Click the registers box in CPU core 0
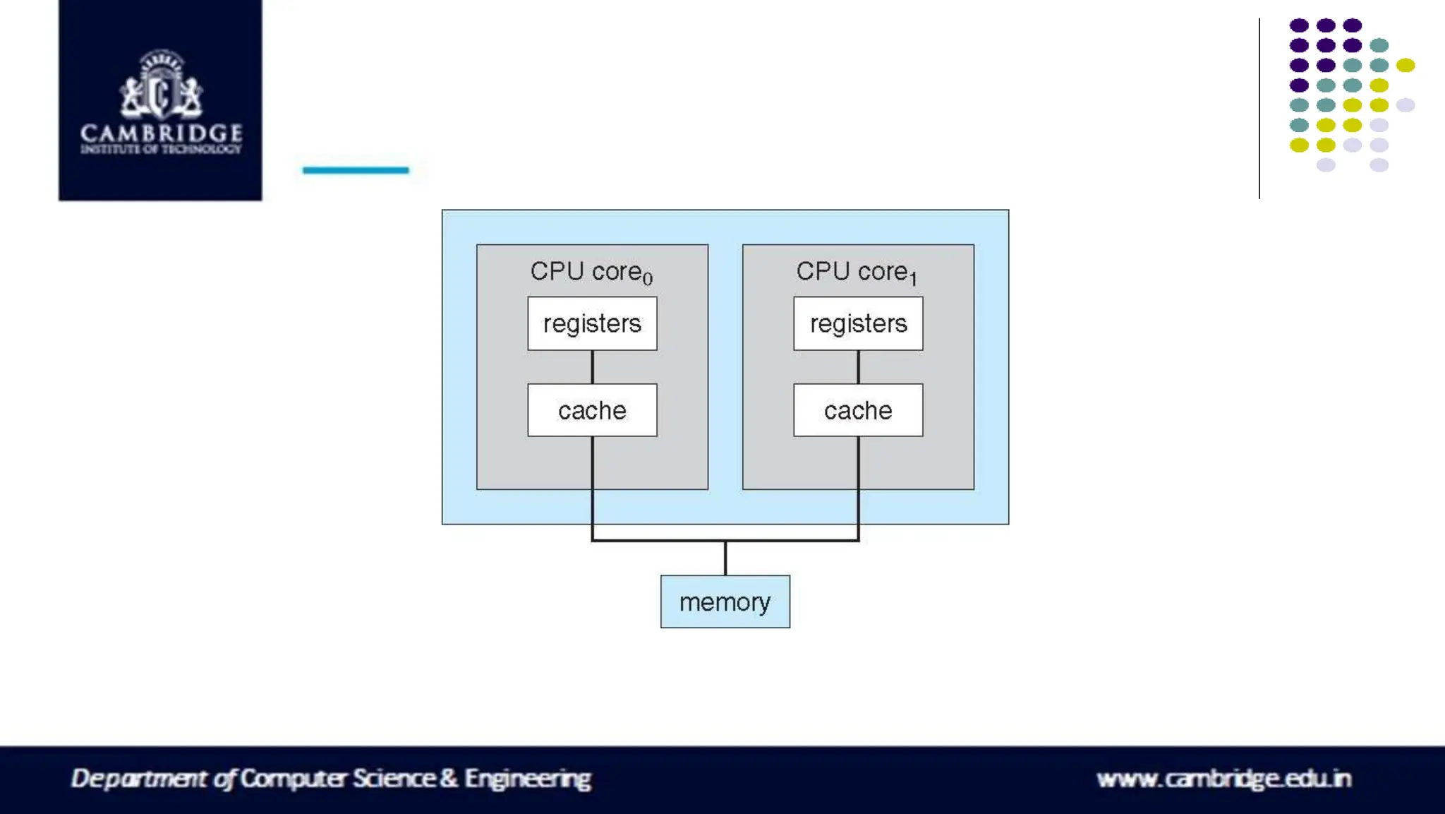click(592, 323)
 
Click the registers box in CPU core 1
click(858, 323)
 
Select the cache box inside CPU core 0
click(592, 410)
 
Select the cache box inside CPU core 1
click(858, 410)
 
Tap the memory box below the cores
click(725, 601)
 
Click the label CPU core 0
click(586, 271)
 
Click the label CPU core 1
click(852, 271)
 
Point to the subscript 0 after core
click(648, 278)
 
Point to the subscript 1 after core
click(913, 278)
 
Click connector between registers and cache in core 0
click(592, 367)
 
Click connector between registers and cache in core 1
click(858, 367)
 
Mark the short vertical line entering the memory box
click(725, 558)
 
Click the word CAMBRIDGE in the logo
click(161, 133)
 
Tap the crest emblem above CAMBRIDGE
click(161, 85)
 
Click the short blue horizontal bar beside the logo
click(356, 170)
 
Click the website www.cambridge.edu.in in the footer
click(1223, 779)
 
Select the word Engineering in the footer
click(527, 779)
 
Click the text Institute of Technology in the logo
click(161, 149)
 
